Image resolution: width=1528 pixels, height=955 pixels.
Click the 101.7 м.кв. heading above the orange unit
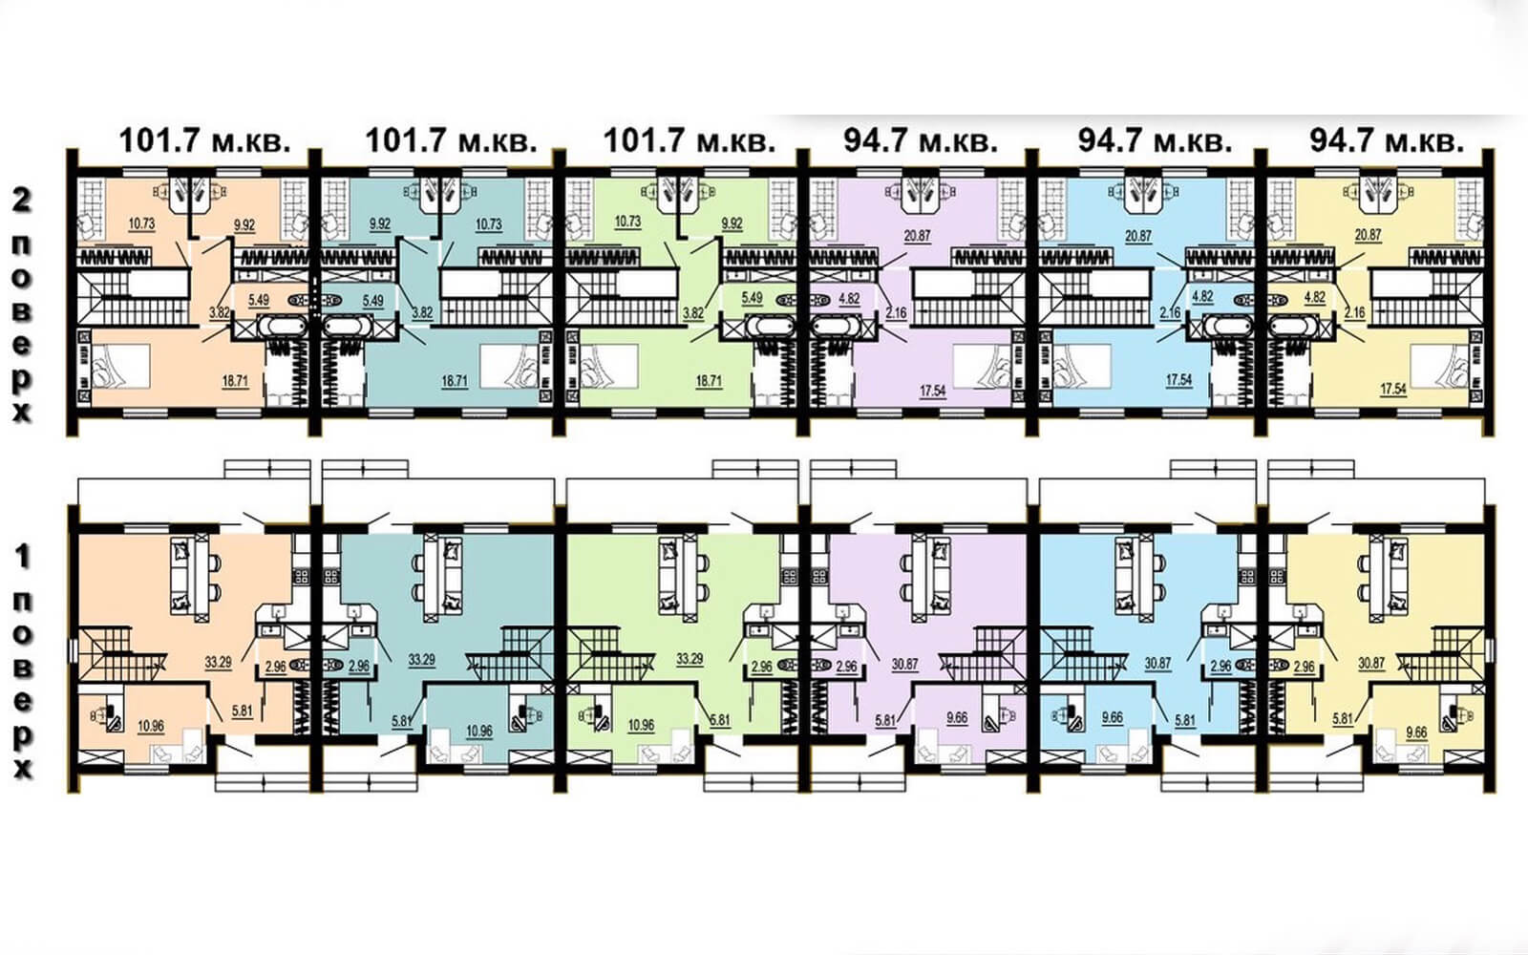pos(204,141)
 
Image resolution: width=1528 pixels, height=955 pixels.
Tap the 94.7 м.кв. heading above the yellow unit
pos(1387,141)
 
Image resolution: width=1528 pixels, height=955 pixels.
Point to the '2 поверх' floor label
pos(23,307)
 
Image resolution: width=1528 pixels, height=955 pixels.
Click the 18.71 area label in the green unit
pos(709,381)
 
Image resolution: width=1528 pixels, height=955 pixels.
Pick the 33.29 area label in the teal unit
pos(421,660)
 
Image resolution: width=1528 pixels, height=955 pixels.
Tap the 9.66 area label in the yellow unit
pos(1416,732)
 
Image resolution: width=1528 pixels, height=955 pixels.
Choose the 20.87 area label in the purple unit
pos(918,235)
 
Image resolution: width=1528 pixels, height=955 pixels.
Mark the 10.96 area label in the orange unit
pos(151,726)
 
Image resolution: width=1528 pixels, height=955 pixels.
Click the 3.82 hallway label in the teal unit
pos(422,312)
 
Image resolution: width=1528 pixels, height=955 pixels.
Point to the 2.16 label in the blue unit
pos(1170,312)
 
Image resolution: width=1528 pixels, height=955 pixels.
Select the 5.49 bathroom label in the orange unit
pos(259,299)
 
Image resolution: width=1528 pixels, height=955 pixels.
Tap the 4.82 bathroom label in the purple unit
pos(849,298)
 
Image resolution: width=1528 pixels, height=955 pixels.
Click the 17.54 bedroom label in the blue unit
pos(1178,380)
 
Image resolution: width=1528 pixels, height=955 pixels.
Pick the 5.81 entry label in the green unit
pos(720,719)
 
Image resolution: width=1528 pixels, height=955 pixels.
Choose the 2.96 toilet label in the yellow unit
pos(1304,667)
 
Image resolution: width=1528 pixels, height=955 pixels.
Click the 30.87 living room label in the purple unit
pos(904,663)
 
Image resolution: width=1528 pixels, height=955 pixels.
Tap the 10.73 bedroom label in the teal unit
pos(489,223)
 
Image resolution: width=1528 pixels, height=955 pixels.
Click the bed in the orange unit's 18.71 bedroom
pos(120,367)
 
